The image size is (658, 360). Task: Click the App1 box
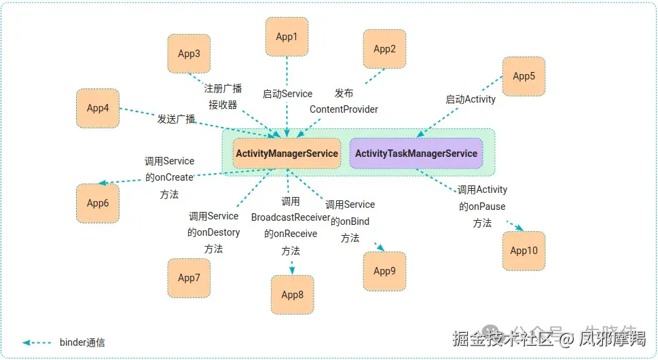[x=287, y=37]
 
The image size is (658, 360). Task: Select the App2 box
[x=384, y=49]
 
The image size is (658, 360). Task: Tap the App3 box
[x=189, y=54]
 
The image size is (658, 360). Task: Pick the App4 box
[x=98, y=108]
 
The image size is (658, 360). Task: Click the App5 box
[x=524, y=76]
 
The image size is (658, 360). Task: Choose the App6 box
[x=98, y=203]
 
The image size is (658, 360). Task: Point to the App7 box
[x=189, y=278]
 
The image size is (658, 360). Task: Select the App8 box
[x=293, y=295]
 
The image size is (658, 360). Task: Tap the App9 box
[x=384, y=271]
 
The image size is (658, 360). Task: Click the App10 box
[x=524, y=251]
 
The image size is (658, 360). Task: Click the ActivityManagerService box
[x=287, y=154]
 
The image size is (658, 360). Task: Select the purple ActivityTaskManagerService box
[x=416, y=154]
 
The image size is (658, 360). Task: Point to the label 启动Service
[x=287, y=94]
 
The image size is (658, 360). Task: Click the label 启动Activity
[x=471, y=99]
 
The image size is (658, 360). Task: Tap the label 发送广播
[x=177, y=119]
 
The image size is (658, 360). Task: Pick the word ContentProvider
[x=344, y=109]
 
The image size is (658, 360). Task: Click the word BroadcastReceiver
[x=291, y=217]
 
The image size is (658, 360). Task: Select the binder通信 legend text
[x=82, y=342]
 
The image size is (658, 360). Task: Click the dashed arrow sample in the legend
[x=37, y=342]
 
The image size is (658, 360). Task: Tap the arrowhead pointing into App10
[x=519, y=229]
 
